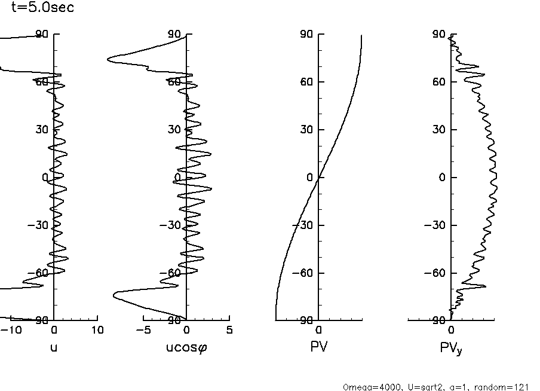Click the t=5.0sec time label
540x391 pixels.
tap(43, 8)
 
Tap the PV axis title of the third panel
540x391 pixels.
tap(319, 346)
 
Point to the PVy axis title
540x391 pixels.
tap(451, 347)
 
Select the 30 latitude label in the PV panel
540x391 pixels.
tap(308, 130)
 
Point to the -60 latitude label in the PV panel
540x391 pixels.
tap(305, 273)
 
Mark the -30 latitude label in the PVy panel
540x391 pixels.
tap(437, 225)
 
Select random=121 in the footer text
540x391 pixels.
tap(507, 387)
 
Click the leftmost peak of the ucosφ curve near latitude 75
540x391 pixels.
tap(108, 59)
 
